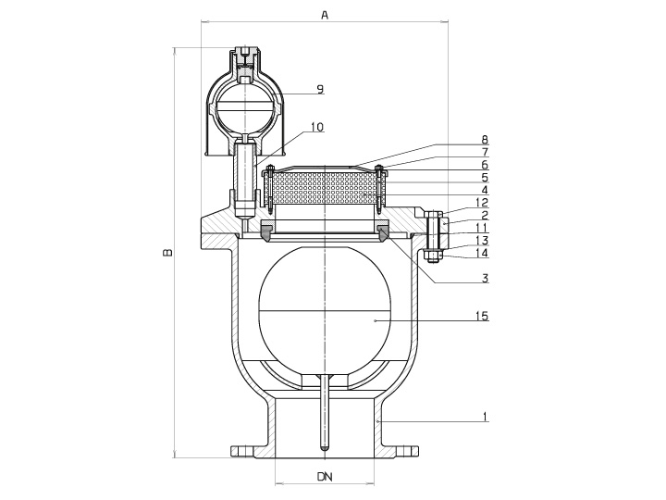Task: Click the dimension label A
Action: tap(325, 15)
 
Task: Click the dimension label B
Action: tap(168, 252)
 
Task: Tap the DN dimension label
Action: tap(325, 476)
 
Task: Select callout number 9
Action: tap(320, 89)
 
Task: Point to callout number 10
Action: tap(317, 127)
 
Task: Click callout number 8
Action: tap(485, 140)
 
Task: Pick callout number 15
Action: tap(483, 316)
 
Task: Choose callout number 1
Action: tap(486, 417)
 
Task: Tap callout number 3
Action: tap(485, 279)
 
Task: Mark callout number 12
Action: tap(483, 203)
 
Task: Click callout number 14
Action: tap(483, 253)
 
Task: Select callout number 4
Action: tap(485, 190)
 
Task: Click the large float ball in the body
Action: tap(325, 311)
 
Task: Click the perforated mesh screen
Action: tap(325, 188)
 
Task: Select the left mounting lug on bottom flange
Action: tap(242, 451)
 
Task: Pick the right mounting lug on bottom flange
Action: tap(406, 451)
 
